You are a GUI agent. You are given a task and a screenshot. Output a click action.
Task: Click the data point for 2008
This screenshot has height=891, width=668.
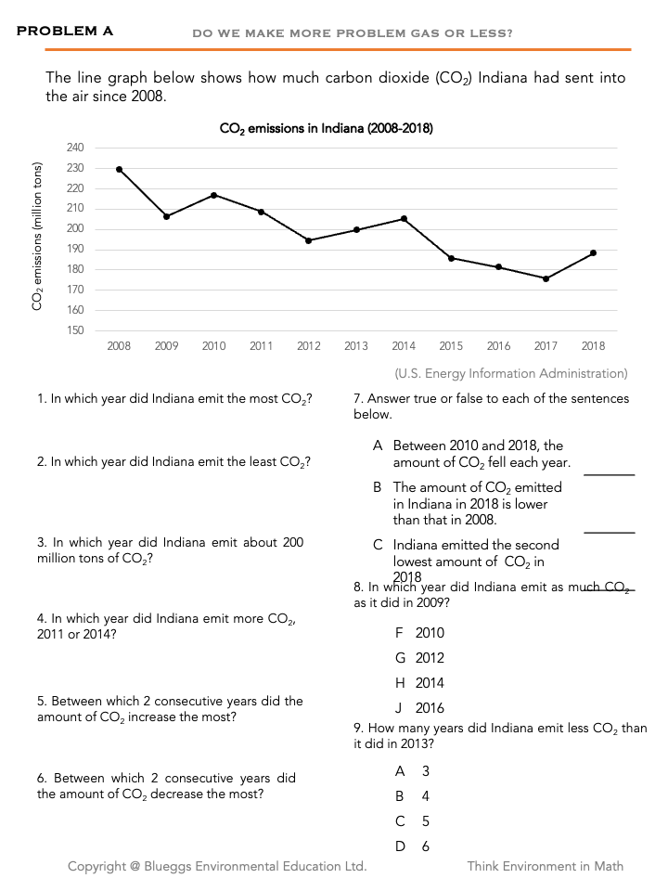click(x=119, y=169)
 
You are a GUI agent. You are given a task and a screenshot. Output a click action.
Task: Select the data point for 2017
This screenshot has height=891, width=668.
click(x=546, y=278)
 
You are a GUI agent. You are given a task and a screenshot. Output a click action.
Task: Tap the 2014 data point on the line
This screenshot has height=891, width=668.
click(x=404, y=218)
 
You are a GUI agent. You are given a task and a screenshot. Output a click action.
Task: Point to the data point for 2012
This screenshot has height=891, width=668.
click(x=308, y=240)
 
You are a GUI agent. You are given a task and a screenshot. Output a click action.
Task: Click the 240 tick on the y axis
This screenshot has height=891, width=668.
click(x=76, y=148)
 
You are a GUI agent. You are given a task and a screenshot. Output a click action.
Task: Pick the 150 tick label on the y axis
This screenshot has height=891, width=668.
click(x=76, y=330)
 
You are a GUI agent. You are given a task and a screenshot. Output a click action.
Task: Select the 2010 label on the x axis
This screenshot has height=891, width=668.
click(x=213, y=346)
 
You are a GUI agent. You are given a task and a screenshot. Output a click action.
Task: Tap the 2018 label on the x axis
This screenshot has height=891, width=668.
click(x=593, y=346)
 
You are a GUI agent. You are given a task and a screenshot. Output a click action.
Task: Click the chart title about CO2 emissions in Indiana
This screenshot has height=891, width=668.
click(x=326, y=129)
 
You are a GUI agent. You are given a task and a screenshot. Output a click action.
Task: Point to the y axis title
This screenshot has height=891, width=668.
click(x=38, y=237)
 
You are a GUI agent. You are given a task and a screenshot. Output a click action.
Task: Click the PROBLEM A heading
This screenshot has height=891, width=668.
click(x=65, y=31)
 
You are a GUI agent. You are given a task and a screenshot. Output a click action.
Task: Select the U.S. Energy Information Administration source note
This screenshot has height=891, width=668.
click(x=511, y=373)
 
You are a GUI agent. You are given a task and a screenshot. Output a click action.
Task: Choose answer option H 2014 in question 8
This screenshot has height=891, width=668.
click(x=419, y=683)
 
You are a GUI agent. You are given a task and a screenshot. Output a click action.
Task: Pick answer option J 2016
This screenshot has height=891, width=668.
click(x=419, y=708)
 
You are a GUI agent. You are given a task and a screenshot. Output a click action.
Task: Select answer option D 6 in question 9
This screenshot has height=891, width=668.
click(x=412, y=846)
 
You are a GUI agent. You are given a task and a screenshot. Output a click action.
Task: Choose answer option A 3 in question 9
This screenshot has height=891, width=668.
click(x=412, y=771)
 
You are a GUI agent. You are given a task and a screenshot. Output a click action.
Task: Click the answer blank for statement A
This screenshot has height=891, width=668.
click(x=609, y=469)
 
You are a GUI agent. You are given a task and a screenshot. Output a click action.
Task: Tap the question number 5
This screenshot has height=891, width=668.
click(x=41, y=702)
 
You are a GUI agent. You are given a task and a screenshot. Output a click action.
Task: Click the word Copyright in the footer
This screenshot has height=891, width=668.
click(x=96, y=866)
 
